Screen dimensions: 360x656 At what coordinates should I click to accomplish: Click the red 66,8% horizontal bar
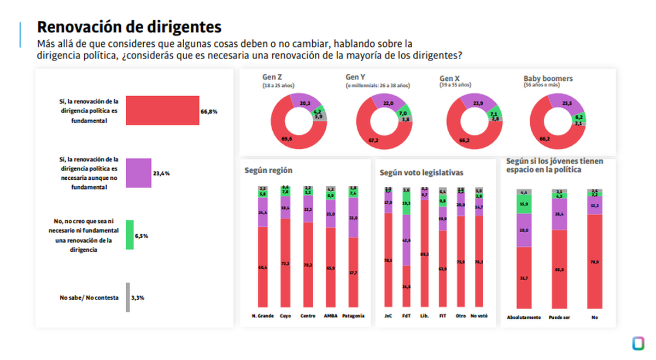[x=162, y=111]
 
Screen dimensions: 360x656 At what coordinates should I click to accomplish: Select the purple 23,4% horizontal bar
[x=138, y=173]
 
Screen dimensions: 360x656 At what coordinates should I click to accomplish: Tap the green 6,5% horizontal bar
[x=130, y=235]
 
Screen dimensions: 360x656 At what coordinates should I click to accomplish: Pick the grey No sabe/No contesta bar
[x=128, y=297]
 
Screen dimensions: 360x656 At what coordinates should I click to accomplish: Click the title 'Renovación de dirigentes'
[x=129, y=27]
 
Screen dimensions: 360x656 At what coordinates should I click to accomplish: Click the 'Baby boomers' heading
[x=548, y=79]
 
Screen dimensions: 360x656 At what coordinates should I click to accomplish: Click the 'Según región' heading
[x=268, y=170]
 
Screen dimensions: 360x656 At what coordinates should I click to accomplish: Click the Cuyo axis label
[x=285, y=316]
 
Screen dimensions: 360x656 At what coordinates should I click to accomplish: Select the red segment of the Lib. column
[x=425, y=253]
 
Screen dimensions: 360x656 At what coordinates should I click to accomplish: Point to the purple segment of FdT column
[x=406, y=240]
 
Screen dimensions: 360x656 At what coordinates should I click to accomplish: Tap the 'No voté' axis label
[x=479, y=316]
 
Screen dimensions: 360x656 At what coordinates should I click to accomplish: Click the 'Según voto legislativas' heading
[x=421, y=173]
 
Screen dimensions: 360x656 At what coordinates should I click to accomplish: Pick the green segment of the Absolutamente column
[x=524, y=204]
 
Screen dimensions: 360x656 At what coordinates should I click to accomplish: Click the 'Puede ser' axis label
[x=559, y=317]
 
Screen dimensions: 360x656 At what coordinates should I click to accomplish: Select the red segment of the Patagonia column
[x=353, y=272]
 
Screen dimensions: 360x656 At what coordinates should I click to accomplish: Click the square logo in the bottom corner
[x=637, y=344]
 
